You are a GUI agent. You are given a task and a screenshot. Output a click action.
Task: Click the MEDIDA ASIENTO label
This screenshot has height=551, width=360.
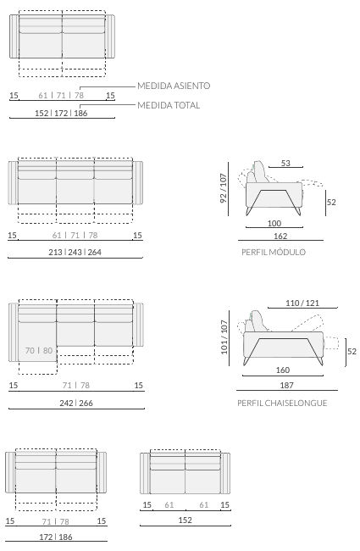(174, 86)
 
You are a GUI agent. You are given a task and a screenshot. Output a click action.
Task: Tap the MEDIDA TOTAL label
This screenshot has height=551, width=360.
(169, 105)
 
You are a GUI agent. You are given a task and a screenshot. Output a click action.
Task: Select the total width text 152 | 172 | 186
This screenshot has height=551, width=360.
(61, 113)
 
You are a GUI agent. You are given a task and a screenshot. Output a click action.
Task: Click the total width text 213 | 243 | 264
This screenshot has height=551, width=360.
(75, 253)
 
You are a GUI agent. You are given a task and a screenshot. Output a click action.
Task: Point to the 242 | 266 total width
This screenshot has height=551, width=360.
(76, 403)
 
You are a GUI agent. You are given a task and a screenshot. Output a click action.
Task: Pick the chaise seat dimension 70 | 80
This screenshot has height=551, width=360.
(39, 350)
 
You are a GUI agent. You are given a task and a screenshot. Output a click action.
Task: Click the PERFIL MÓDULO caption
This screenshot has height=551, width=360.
(274, 252)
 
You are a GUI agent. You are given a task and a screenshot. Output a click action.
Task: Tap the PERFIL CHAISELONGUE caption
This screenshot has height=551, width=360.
(282, 403)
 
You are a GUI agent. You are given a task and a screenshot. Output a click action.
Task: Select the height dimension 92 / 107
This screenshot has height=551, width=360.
(224, 188)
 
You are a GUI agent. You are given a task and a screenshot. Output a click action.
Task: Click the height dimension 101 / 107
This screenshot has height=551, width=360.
(224, 337)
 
